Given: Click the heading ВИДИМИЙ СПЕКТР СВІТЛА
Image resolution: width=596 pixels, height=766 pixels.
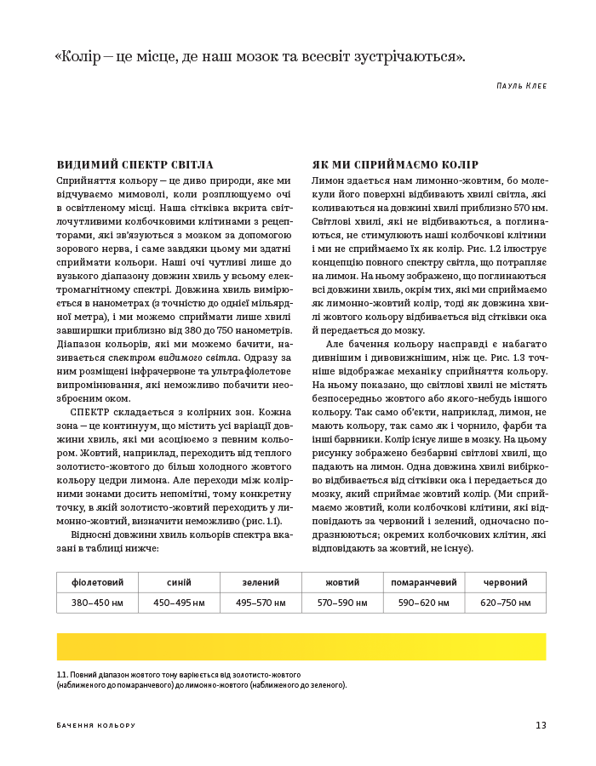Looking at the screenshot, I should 135,165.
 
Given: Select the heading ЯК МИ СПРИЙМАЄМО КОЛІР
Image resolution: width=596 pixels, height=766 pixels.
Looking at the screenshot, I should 395,165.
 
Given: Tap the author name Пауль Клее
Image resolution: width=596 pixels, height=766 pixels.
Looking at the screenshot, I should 521,86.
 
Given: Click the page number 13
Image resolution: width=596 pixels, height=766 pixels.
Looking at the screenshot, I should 541,725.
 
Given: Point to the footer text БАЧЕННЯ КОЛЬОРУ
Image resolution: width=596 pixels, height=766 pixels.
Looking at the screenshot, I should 96,725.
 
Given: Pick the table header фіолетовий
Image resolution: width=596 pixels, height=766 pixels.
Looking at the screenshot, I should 97,582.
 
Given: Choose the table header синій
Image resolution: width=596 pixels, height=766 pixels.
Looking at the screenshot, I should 179,582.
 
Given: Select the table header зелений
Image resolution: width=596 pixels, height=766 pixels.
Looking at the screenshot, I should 261,582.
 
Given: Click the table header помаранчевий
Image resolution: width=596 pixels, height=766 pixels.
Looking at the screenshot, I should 423,582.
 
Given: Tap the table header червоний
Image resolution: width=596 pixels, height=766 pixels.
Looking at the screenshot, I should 505,582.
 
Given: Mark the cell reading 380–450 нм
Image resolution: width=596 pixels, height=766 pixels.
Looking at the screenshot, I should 97,603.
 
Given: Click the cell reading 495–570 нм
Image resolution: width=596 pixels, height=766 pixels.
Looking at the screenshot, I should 261,603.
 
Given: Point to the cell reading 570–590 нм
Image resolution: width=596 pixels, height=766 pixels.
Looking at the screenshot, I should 342,603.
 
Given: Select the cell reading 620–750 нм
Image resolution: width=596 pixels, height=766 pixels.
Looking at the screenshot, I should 505,603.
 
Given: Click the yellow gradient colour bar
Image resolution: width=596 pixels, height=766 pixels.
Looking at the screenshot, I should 301,646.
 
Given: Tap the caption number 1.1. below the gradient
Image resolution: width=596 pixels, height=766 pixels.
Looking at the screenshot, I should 62,674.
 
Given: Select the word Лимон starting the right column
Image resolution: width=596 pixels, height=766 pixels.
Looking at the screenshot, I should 328,181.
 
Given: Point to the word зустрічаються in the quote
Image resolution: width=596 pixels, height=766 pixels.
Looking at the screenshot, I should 410,57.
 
